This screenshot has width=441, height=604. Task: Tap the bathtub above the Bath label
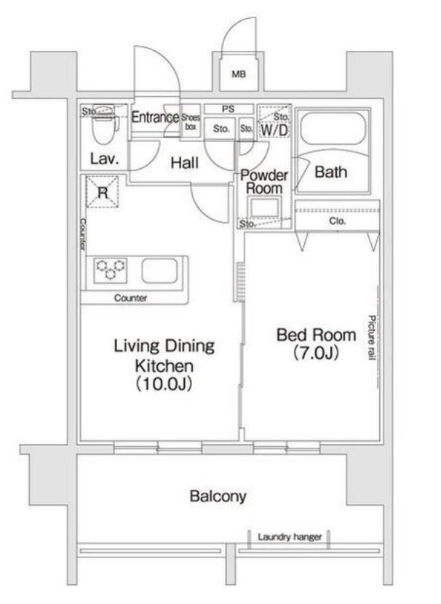click(x=333, y=128)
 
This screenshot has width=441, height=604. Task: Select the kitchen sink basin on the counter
click(x=159, y=271)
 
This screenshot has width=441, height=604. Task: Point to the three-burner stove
click(x=111, y=269)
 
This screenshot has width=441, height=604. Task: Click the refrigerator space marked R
click(x=102, y=191)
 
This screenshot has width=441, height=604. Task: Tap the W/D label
click(x=274, y=130)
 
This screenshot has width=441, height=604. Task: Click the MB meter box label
click(x=239, y=73)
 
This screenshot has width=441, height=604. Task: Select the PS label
click(x=228, y=109)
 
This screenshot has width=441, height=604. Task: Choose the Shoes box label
click(x=190, y=122)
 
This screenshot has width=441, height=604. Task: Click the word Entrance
click(x=155, y=116)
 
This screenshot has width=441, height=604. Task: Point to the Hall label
click(x=185, y=163)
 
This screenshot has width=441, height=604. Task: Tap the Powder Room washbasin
click(x=264, y=208)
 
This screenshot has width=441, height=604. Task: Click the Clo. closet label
click(x=338, y=221)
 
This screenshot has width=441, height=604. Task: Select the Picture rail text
click(x=371, y=338)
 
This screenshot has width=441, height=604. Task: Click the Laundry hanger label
click(x=290, y=536)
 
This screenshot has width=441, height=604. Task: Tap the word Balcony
click(x=218, y=496)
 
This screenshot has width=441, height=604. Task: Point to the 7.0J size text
click(x=317, y=353)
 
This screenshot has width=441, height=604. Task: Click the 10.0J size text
click(x=164, y=384)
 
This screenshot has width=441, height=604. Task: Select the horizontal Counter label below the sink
click(x=130, y=298)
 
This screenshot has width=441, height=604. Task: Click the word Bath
click(x=331, y=172)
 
